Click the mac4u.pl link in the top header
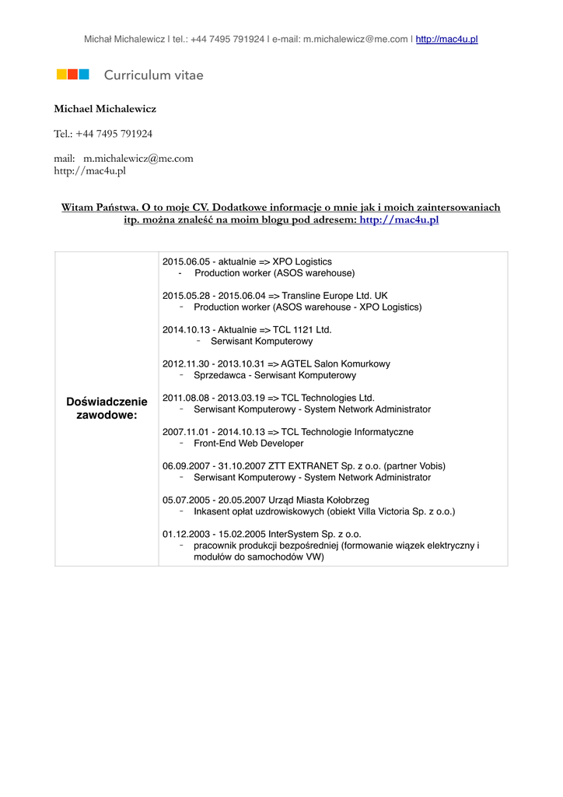(x=447, y=39)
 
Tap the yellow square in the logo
(x=61, y=75)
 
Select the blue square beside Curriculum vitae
(x=84, y=75)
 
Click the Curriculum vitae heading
(x=154, y=75)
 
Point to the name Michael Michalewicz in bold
(x=105, y=109)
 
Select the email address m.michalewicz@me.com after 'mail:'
(x=138, y=159)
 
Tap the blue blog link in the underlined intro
(x=399, y=220)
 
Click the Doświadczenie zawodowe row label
(x=107, y=408)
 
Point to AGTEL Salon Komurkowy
(x=335, y=363)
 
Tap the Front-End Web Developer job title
(x=248, y=443)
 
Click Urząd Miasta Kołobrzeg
(x=319, y=500)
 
